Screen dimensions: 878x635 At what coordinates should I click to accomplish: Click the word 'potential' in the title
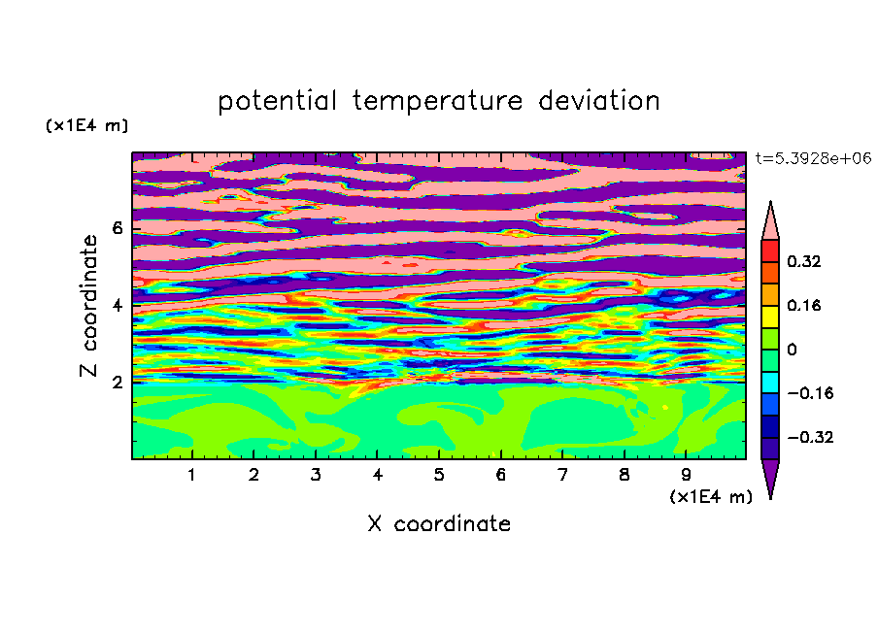tap(277, 101)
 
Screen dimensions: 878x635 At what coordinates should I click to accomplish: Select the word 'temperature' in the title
tap(438, 101)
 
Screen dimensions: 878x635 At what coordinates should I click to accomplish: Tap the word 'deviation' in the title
tap(599, 100)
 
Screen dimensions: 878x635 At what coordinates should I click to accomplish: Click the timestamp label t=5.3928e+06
tap(813, 158)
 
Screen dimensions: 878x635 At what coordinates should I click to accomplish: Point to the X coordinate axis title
tap(439, 523)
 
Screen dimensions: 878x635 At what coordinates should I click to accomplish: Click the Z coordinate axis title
tap(89, 306)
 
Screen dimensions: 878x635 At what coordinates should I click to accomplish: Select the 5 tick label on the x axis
tap(439, 475)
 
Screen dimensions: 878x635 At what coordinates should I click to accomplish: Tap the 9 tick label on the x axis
tap(686, 475)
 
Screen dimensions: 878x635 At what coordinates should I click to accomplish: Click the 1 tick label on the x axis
tap(192, 475)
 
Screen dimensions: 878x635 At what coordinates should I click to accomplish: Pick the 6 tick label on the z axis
tap(118, 228)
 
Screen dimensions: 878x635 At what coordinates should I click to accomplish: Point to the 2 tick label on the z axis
tap(118, 383)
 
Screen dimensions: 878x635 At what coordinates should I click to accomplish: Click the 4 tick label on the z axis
tap(118, 306)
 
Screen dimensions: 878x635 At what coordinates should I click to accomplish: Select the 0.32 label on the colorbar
tap(803, 261)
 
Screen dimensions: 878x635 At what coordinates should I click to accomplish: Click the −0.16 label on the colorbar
tap(810, 393)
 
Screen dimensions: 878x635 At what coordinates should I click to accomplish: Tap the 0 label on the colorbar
tap(792, 350)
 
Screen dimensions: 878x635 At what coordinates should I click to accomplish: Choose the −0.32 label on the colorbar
tap(810, 437)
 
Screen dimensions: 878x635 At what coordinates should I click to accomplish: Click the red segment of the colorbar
tap(770, 251)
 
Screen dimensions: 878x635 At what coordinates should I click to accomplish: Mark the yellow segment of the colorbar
tap(770, 317)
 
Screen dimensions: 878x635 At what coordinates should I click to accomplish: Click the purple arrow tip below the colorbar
tap(770, 498)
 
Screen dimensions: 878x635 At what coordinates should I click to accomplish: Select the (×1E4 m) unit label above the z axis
tap(86, 125)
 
